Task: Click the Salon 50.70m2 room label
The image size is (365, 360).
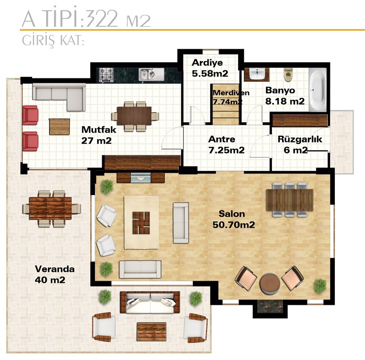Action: coord(234,219)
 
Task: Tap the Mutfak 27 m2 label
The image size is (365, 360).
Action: coord(99,135)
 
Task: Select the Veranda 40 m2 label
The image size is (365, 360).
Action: coord(55,274)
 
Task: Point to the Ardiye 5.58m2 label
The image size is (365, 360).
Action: coord(210,68)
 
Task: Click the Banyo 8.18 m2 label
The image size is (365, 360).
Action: coord(285,96)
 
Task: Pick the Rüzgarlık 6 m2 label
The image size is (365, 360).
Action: coord(300,144)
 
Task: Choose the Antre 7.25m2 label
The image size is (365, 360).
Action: coord(226,144)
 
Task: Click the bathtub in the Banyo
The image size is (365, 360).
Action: coord(318,89)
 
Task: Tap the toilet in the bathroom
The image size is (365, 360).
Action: coord(288,74)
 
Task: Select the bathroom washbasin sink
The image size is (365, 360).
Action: coord(257,74)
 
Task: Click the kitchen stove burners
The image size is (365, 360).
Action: coord(106,74)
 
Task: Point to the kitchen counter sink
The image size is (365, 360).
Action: coord(151,74)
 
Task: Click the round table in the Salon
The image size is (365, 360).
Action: coord(270,283)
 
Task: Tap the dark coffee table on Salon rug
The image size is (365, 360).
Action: coord(141,222)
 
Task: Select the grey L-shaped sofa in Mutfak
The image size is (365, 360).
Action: coord(59,97)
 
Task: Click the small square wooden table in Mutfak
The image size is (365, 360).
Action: coord(59,127)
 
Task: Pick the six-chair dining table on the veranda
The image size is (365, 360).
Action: coord(51,208)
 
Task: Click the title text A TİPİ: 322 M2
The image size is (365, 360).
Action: coord(86,19)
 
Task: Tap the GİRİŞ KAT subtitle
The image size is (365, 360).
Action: coord(53,41)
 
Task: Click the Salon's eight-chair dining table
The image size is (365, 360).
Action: coord(290,200)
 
